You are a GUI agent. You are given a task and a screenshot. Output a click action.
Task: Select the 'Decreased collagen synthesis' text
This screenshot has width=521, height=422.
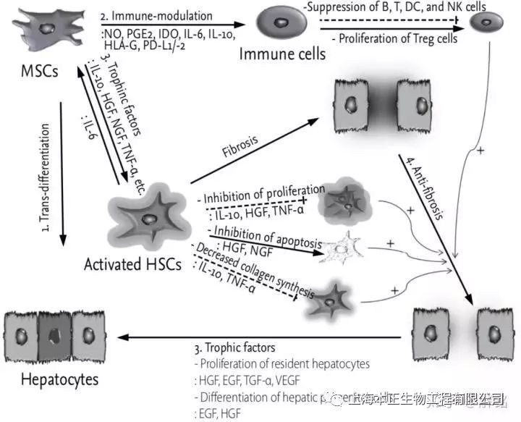click(253, 269)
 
